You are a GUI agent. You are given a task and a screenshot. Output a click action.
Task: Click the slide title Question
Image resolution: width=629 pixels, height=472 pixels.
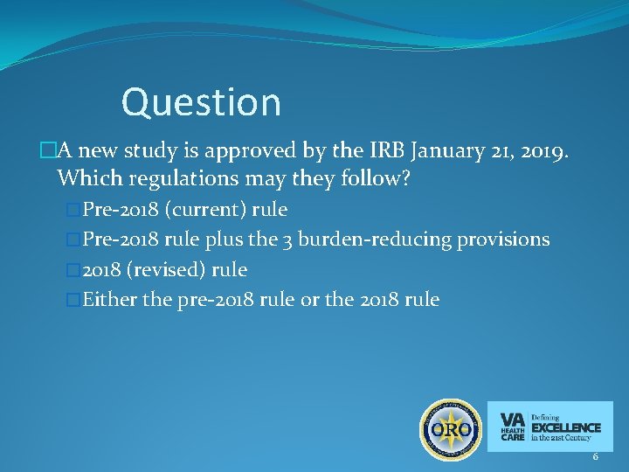201,102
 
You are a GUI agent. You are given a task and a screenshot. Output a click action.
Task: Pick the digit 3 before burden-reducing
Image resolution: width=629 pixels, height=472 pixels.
287,239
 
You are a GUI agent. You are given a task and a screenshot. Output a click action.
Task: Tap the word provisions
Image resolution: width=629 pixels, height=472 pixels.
508,239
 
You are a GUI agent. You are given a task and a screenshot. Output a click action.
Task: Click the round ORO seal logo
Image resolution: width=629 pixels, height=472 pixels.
451,430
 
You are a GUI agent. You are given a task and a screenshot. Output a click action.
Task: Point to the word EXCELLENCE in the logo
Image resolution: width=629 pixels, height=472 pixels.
566,427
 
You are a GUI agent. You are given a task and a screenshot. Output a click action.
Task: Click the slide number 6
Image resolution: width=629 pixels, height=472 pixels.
595,457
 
